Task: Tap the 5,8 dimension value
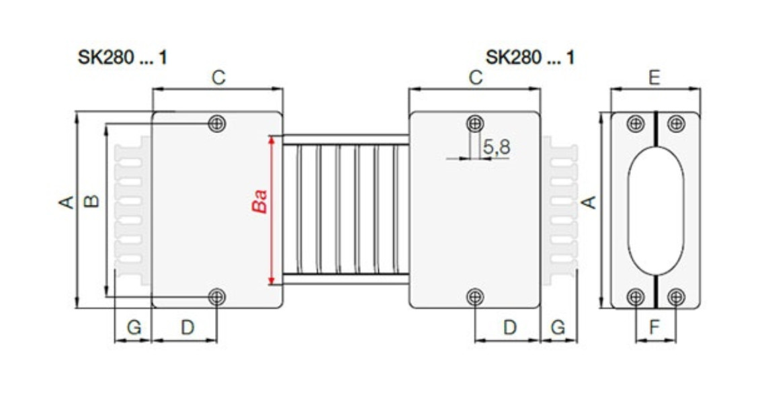tap(497, 147)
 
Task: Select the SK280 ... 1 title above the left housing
tap(122, 57)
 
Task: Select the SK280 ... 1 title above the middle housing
tap(530, 57)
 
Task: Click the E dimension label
tap(654, 78)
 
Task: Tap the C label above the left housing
tap(218, 78)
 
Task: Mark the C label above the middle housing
tap(475, 78)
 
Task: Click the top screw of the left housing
tap(216, 123)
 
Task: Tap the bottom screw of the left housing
tap(216, 296)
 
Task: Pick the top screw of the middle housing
tap(475, 123)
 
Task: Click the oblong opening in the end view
tap(656, 210)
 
